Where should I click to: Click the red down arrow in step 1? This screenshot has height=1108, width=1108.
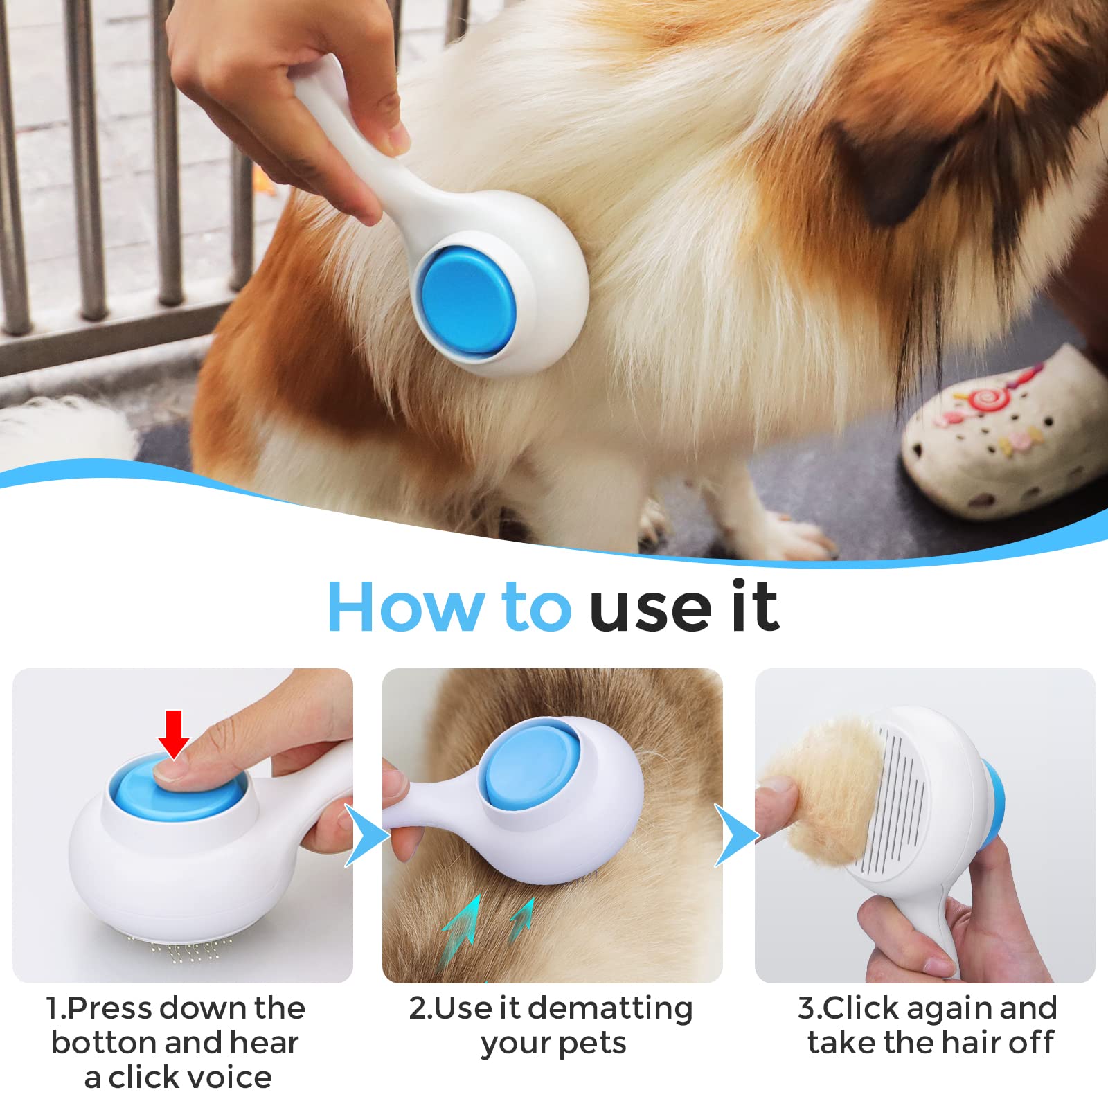pos(173,733)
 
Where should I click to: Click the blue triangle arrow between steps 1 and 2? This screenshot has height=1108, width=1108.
pos(366,835)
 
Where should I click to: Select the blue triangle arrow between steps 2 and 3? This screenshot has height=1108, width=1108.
pos(736,835)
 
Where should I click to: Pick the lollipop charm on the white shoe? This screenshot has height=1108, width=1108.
pos(983,397)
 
